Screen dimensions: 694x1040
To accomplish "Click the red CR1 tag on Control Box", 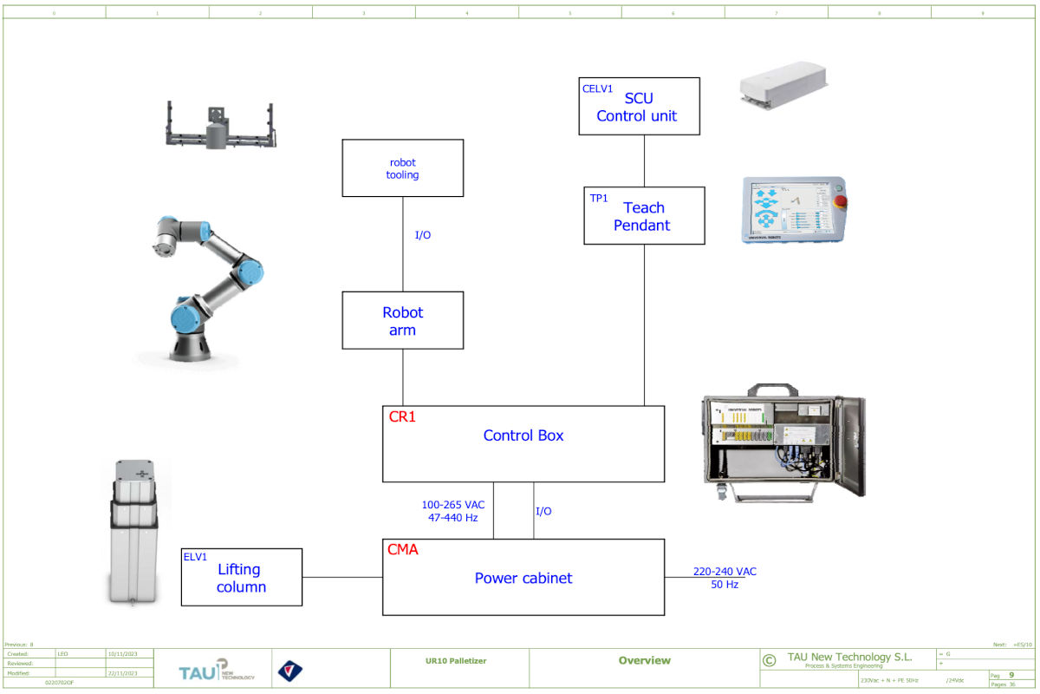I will tap(402, 416).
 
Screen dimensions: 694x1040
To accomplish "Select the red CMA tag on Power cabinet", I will tap(403, 549).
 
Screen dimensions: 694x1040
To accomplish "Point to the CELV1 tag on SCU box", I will tap(597, 88).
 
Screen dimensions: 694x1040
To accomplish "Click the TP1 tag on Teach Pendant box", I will tap(599, 198).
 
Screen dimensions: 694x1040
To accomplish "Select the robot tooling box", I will tap(402, 168).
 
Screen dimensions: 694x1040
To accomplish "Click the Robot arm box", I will tap(402, 321).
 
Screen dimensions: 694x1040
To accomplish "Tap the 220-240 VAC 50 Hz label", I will tap(725, 578).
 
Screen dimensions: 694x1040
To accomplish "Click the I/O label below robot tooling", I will tap(423, 235).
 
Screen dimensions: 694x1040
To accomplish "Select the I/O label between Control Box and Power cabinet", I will tap(543, 511).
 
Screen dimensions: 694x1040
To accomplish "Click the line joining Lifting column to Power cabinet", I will tap(342, 577).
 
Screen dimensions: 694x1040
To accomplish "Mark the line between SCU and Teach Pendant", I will tap(644, 161).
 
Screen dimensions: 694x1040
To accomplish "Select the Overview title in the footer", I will tap(644, 661).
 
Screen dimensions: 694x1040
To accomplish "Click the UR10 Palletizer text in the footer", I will tap(457, 661).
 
